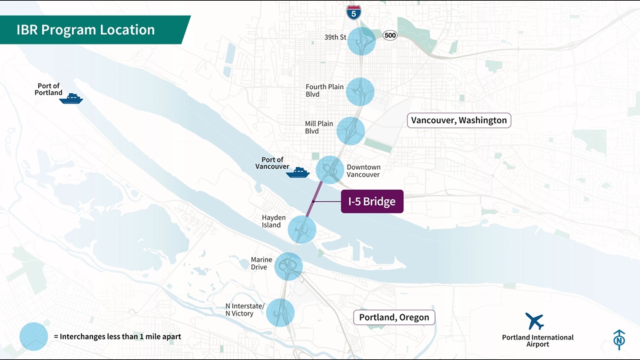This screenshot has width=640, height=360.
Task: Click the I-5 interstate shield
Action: tap(353, 13)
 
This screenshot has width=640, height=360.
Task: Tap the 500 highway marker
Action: tap(390, 35)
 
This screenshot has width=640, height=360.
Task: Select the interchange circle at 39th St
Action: tap(361, 41)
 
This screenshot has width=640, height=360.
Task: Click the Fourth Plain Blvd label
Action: tap(324, 90)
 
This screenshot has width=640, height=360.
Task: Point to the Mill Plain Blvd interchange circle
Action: tap(350, 131)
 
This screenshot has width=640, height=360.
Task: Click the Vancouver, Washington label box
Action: tap(459, 120)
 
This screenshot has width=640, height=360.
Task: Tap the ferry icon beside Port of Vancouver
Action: tap(298, 173)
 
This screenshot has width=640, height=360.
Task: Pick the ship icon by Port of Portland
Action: tap(71, 99)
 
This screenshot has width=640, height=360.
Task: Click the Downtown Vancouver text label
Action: tap(363, 171)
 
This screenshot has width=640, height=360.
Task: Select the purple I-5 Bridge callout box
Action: tap(372, 201)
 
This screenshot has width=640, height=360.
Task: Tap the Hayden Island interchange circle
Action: tap(302, 230)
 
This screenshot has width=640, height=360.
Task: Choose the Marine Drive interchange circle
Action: tap(288, 266)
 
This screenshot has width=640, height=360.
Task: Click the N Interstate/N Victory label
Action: tap(245, 310)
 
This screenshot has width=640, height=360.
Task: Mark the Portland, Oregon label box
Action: tap(394, 317)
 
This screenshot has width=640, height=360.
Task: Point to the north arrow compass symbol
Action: tap(619, 340)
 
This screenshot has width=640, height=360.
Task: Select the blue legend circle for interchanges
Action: tap(34, 336)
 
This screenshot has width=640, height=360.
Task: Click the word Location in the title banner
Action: tap(127, 30)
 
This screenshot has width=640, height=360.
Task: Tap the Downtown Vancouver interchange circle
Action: tap(329, 170)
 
